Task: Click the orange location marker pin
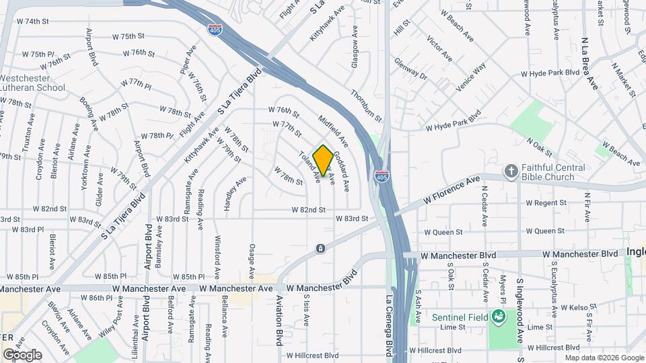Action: pyautogui.click(x=323, y=161)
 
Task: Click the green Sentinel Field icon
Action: pyautogui.click(x=498, y=315)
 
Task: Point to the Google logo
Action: pyautogui.click(x=22, y=354)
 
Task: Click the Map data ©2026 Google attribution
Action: pyautogui.click(x=604, y=358)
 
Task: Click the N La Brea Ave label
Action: pyautogui.click(x=591, y=64)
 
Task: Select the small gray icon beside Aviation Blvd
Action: pyautogui.click(x=320, y=249)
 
